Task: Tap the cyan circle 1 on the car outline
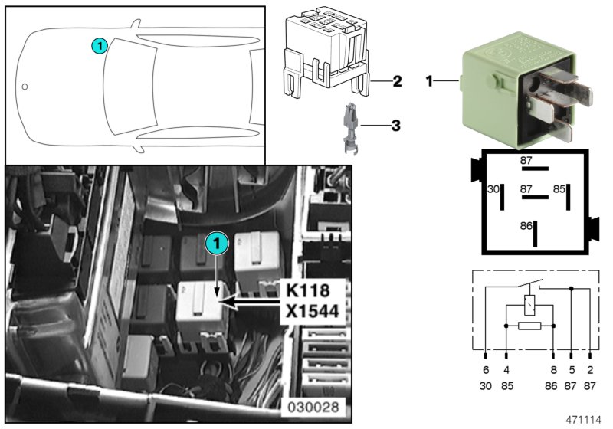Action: (98, 46)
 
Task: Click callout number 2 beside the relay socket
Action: (397, 81)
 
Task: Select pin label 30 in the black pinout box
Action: (493, 188)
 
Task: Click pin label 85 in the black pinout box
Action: (559, 188)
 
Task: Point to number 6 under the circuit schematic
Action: (486, 370)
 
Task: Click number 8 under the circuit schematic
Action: (552, 370)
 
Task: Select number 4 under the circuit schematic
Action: (506, 370)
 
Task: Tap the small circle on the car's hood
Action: (25, 86)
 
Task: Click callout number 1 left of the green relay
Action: (430, 80)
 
